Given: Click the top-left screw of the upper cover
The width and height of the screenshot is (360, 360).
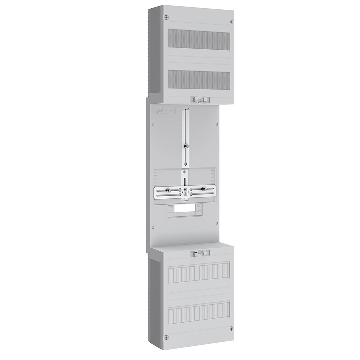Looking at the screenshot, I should point(165,17).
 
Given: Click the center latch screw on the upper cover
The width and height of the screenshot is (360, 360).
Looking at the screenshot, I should point(199,102).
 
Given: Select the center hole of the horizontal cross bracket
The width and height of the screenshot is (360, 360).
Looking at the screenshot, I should point(185,189).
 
